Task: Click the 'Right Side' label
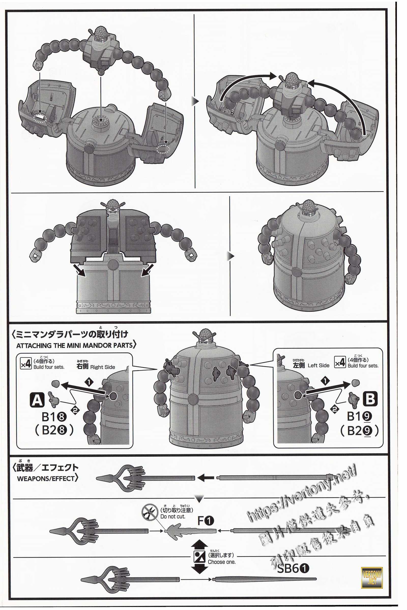103,367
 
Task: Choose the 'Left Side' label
318,365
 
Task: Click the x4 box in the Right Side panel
26,365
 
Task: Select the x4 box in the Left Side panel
340,363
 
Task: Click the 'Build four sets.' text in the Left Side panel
363,366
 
